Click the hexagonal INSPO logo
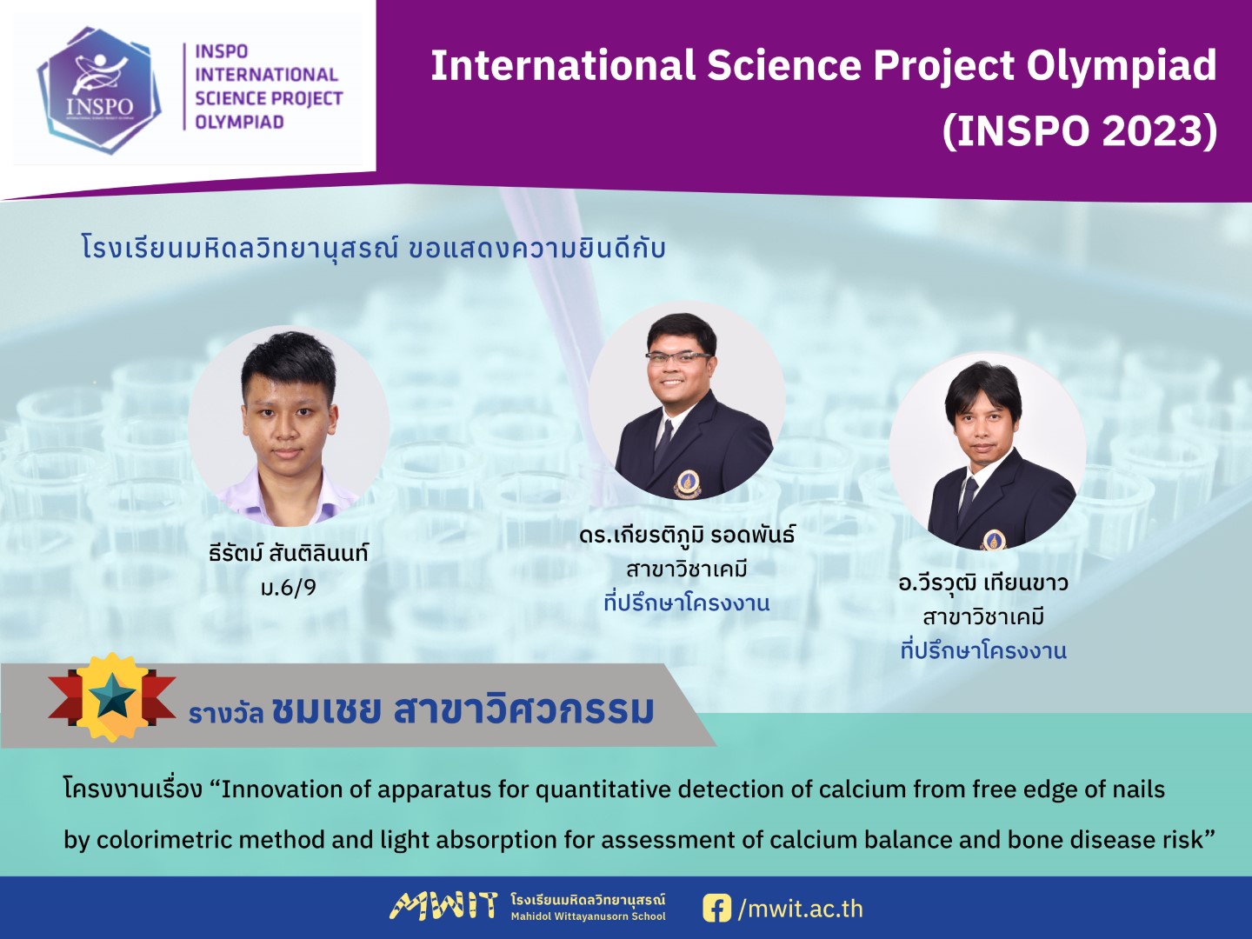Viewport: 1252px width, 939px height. tap(99, 90)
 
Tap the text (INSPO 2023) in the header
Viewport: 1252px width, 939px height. tap(1080, 131)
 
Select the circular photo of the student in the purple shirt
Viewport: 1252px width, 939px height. tap(289, 425)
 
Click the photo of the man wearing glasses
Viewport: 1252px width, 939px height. tap(688, 401)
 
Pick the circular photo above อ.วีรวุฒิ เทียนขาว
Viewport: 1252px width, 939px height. tap(988, 450)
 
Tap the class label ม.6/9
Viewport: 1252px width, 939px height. tap(289, 587)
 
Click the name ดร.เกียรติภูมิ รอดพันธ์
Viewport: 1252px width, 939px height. tap(687, 536)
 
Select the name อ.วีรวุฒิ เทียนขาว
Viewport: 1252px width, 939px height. tap(982, 583)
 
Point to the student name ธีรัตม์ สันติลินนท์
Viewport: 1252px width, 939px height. tap(289, 553)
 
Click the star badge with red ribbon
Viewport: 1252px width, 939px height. tap(112, 696)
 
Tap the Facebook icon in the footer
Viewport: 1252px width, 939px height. tap(717, 908)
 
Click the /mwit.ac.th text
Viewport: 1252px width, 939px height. tap(800, 909)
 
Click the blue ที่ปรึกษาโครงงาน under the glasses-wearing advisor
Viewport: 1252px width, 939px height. tap(687, 603)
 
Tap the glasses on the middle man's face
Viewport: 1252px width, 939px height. tap(679, 356)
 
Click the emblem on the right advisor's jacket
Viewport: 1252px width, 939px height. tap(993, 539)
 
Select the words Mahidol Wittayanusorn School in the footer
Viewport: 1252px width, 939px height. tap(588, 916)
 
